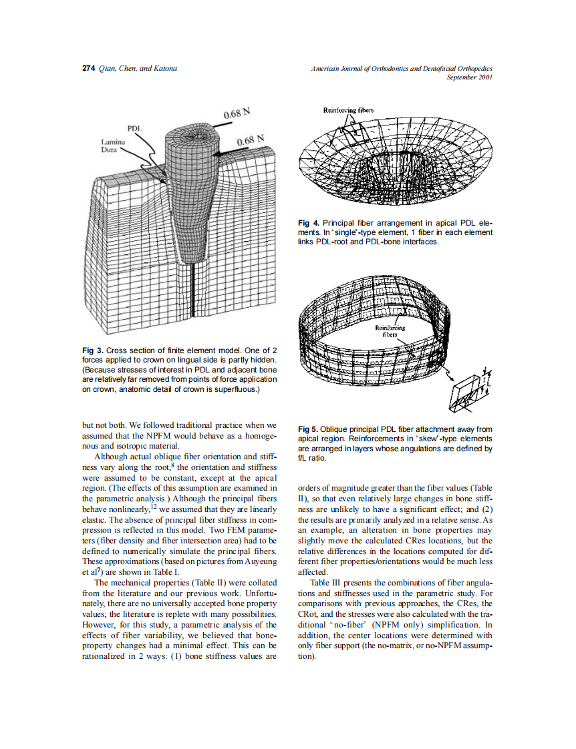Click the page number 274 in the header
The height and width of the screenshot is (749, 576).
pyautogui.click(x=88, y=69)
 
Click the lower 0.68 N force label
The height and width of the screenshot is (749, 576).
pyautogui.click(x=251, y=141)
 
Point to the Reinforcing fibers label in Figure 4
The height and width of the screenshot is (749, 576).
pyautogui.click(x=348, y=109)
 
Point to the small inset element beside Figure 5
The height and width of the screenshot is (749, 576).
pyautogui.click(x=472, y=389)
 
